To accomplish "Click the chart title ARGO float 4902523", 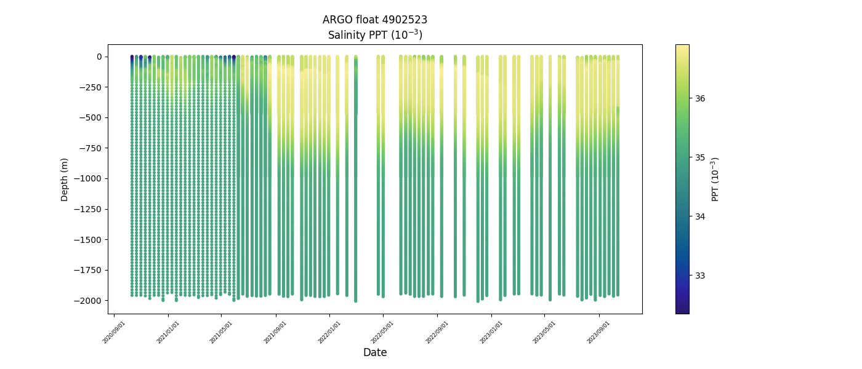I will click(374, 20).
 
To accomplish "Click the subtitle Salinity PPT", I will click(374, 35).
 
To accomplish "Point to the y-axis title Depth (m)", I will click(65, 179).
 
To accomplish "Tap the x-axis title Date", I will click(374, 352).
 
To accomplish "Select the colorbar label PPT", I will click(715, 179).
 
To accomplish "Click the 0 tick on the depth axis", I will click(99, 57).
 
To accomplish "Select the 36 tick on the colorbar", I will click(700, 98).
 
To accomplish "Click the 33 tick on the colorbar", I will click(700, 275).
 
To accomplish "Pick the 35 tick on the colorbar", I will click(700, 157).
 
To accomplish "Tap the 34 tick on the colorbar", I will click(700, 216).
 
